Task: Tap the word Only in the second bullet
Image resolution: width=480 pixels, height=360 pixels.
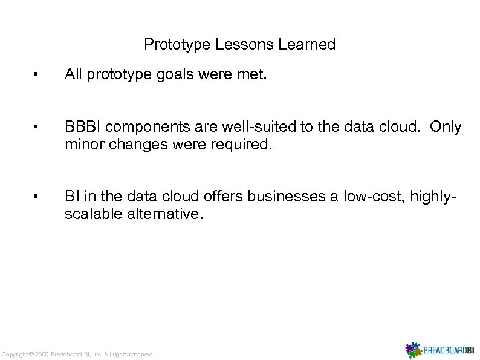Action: click(x=447, y=127)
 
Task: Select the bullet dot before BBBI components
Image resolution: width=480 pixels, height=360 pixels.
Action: click(x=37, y=127)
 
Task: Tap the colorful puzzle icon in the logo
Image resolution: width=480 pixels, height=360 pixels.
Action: click(x=412, y=350)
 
